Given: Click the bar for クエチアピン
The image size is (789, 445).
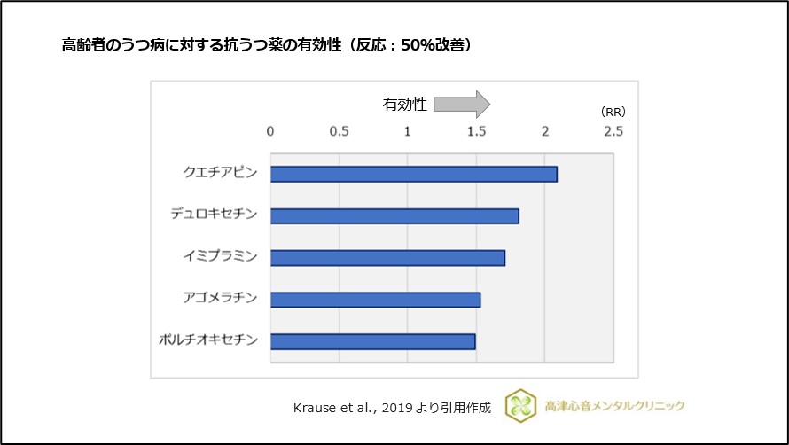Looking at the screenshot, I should point(413,174).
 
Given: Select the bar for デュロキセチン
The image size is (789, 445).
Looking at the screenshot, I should point(394,215).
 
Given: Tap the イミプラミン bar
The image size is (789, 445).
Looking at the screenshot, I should point(387,258).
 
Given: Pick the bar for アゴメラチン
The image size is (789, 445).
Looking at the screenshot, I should point(375,300).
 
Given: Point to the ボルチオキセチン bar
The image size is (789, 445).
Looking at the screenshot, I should point(372,341).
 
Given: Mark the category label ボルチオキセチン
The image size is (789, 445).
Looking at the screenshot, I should point(209,340).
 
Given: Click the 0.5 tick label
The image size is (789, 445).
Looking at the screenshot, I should point(339,131).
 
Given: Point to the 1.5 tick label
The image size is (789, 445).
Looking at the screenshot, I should point(476,131).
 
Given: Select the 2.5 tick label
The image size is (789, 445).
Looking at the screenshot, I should point(613,131).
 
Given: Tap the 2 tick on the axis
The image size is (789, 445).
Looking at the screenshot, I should point(544,131).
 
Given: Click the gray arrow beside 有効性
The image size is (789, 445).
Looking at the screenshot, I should point(461,104).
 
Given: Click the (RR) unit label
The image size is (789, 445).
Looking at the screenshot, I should point(613,112).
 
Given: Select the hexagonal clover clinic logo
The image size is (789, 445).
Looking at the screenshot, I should point(519,405).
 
